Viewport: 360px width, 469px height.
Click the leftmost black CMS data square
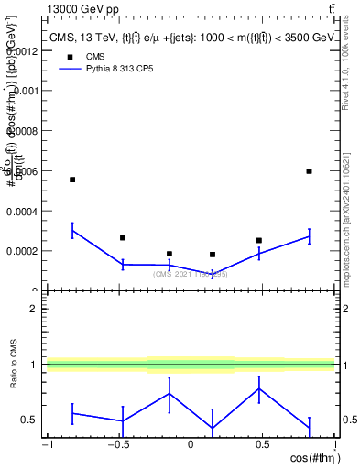pos(72,180)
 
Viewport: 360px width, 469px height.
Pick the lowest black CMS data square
pos(213,255)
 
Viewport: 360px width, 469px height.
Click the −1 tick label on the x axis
pos(47,444)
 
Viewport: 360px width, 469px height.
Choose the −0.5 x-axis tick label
pos(117,444)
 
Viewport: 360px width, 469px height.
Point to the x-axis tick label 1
pos(333,444)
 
